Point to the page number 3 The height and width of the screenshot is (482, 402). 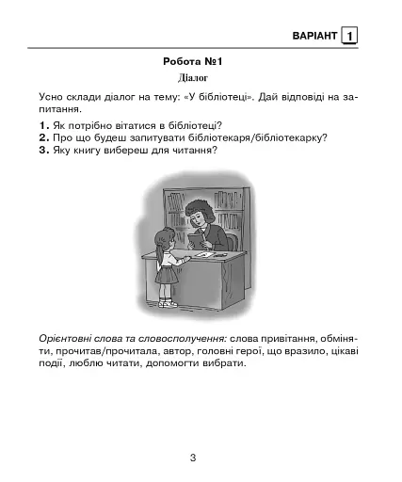(192, 458)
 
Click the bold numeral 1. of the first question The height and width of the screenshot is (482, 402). (44, 125)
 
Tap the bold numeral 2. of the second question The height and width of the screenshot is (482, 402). (44, 137)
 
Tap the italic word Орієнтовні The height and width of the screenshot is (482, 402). (68, 338)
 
